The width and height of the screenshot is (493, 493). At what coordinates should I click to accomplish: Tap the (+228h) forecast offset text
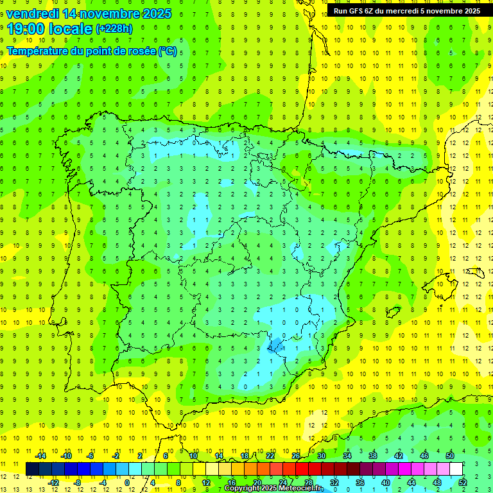tap(114, 29)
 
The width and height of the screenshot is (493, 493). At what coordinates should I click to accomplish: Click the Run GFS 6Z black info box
tap(406, 11)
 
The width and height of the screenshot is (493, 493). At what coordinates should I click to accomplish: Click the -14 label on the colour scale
tap(40, 456)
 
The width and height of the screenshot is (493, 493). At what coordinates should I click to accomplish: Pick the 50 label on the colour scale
tap(450, 456)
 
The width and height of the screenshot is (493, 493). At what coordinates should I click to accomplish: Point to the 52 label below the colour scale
tap(463, 482)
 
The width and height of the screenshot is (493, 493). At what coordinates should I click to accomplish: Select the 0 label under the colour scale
tap(127, 482)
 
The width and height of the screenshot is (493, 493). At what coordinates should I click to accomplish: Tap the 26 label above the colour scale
tap(296, 456)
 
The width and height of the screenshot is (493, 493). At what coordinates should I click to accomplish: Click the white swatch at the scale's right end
tap(456, 469)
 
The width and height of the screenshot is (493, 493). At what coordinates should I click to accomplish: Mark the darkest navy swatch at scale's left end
tap(32, 469)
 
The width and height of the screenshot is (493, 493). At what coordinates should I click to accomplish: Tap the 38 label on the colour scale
tap(373, 456)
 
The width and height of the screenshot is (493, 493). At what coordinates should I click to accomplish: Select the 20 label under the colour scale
tap(257, 482)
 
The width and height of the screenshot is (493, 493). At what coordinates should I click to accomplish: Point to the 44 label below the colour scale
tap(411, 482)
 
